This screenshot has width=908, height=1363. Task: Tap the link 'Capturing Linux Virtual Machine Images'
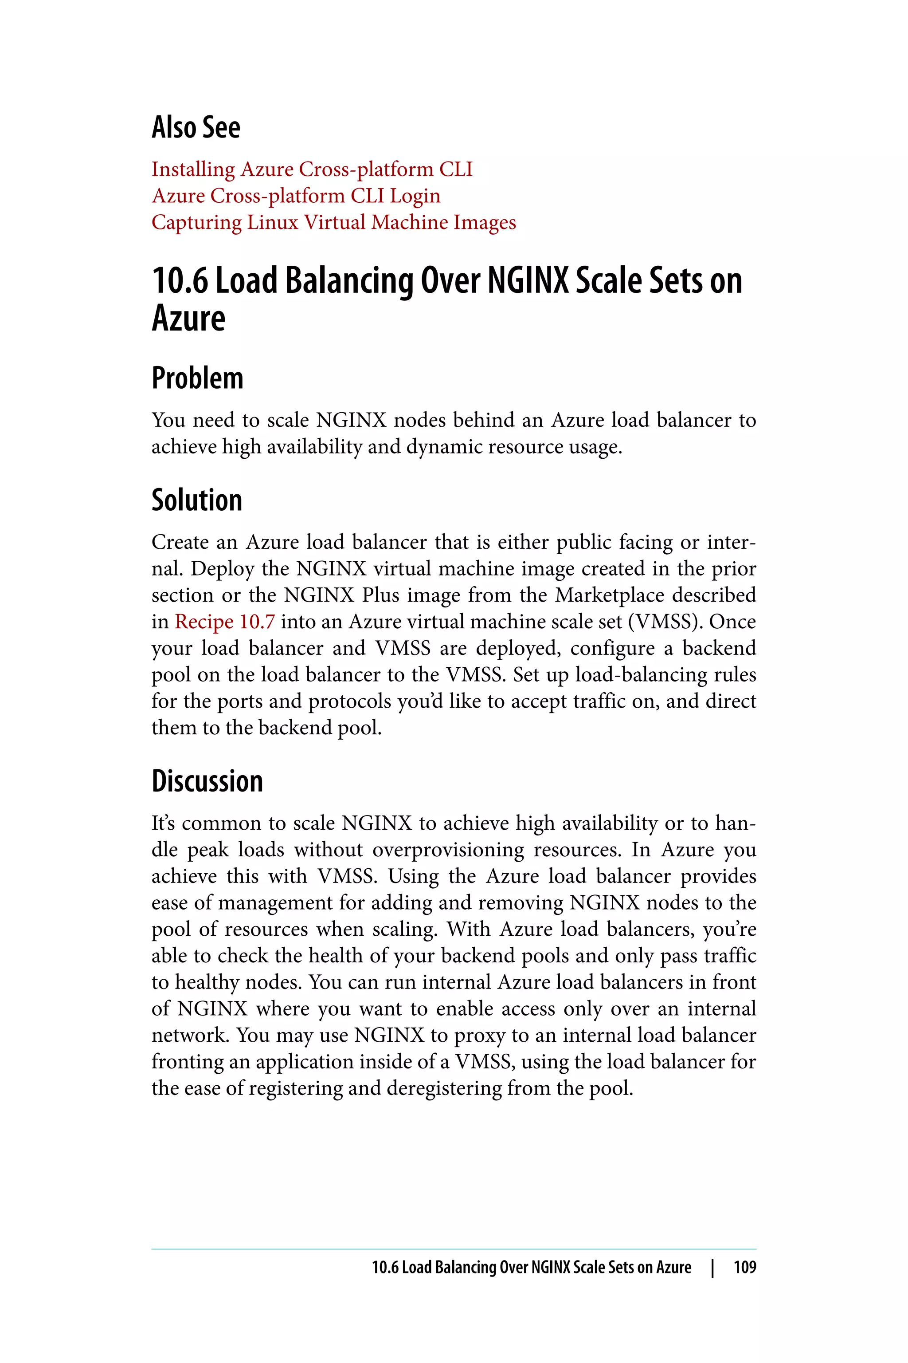tap(333, 223)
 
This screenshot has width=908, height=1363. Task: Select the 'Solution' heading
tap(197, 500)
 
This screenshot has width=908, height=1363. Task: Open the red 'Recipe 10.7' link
tap(225, 622)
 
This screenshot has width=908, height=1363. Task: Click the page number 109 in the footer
tap(745, 1267)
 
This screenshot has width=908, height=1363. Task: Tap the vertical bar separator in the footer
tap(713, 1267)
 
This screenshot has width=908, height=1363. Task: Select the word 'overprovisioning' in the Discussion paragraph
tap(448, 850)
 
